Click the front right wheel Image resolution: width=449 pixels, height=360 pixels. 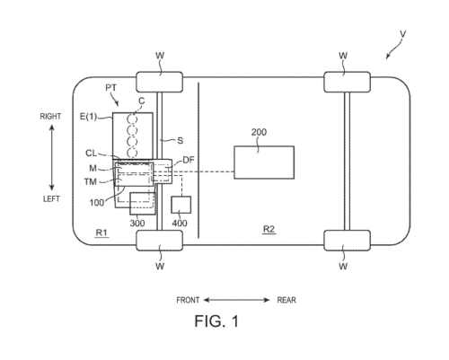click(x=160, y=82)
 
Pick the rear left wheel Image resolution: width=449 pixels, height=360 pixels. click(x=347, y=241)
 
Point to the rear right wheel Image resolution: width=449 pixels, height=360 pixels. click(x=347, y=82)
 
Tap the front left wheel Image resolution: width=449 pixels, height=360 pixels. click(x=160, y=241)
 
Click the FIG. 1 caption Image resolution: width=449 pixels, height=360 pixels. click(x=216, y=321)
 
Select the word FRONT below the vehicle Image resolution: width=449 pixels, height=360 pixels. click(x=188, y=300)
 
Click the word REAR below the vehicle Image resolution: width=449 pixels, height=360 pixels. click(x=286, y=300)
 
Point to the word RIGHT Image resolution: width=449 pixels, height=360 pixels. click(x=50, y=117)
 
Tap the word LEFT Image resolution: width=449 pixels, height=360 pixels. click(x=51, y=199)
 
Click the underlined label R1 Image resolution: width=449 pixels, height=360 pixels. click(x=101, y=233)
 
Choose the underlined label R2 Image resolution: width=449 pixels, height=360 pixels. click(x=269, y=230)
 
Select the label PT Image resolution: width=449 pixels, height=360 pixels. click(x=111, y=88)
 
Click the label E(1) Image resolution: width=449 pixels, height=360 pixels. click(x=88, y=117)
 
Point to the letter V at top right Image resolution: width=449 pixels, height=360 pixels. click(x=403, y=34)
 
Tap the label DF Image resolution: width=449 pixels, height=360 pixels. click(x=189, y=160)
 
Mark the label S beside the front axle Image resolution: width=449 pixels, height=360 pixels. click(x=180, y=141)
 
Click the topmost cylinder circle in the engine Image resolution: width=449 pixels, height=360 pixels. click(x=132, y=119)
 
